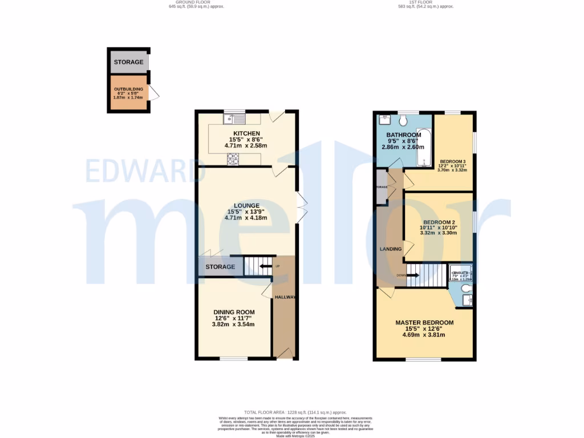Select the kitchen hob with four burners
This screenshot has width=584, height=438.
pos(234,159)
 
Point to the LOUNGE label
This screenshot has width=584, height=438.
pos(246,205)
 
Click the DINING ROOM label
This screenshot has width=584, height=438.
pos(234,312)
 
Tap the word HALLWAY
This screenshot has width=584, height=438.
pos(285,297)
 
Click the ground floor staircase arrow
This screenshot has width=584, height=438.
pos(264,266)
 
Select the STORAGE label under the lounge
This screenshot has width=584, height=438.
pos(221,267)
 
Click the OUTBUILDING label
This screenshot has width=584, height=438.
pos(128,89)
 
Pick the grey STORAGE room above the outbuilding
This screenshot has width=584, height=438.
pos(128,62)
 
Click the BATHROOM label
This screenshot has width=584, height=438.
pos(403,135)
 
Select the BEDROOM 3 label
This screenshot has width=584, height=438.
pos(453,161)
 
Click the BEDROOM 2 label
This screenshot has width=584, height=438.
pos(439,222)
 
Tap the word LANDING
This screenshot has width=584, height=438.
pos(391,249)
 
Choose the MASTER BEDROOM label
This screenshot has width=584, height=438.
pos(424,323)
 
